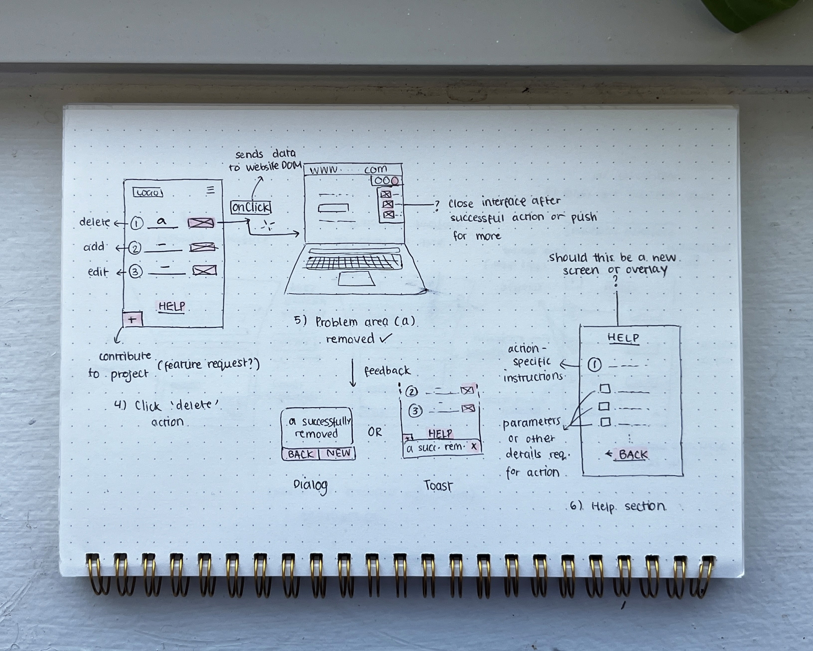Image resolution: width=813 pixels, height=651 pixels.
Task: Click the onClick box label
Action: pos(251,207)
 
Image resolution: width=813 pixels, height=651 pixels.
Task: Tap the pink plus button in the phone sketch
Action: pos(132,319)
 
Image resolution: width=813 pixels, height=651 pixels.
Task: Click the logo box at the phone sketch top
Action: pos(148,193)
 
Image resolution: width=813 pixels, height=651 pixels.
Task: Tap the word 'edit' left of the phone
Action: pos(98,272)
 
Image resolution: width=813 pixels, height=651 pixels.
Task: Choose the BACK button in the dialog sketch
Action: pos(300,454)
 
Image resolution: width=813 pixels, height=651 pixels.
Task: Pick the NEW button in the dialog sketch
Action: pos(338,453)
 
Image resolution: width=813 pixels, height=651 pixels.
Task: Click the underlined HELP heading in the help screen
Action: pos(623,338)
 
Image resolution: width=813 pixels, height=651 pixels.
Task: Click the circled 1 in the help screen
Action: pos(594,365)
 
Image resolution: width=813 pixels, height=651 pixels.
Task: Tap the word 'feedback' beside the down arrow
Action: pos(387,371)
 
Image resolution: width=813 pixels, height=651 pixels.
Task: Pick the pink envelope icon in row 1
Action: pos(201,223)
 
